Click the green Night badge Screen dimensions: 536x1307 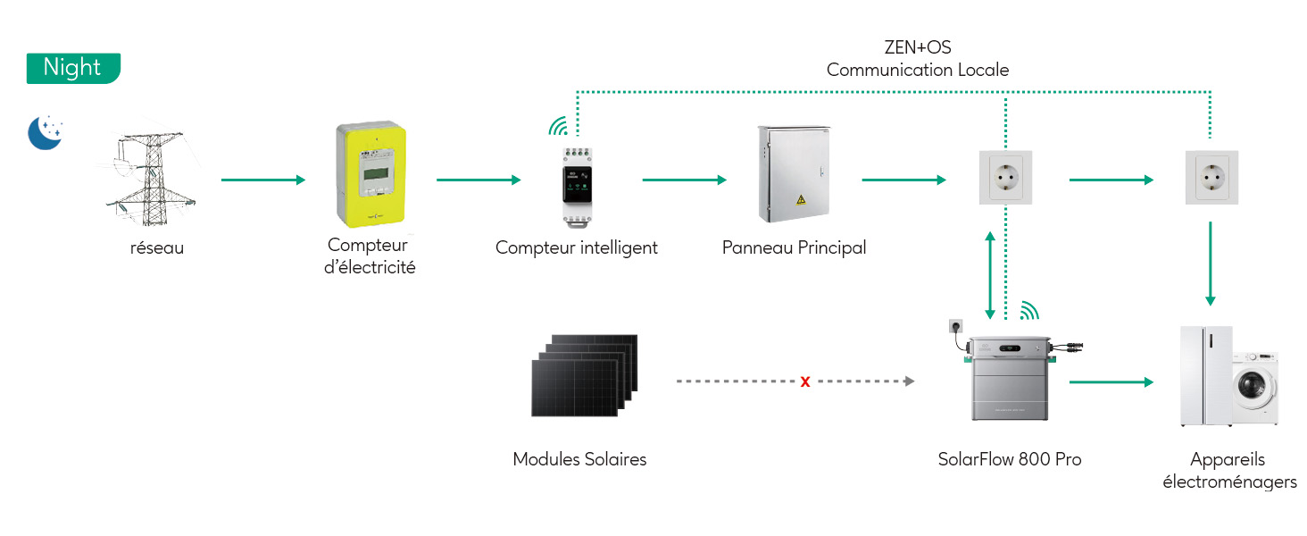[72, 69]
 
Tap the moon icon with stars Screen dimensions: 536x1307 [45, 132]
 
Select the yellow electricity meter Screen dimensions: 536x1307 [370, 176]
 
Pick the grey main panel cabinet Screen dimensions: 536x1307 [794, 173]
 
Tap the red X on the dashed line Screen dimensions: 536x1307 [805, 382]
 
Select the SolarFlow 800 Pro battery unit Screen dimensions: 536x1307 [1010, 379]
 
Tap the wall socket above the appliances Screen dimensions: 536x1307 [1210, 178]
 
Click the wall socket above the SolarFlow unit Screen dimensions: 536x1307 [1006, 178]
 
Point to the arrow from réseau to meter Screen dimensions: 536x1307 [263, 180]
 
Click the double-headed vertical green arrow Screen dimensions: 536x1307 [989, 275]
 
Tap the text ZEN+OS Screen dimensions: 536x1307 [917, 47]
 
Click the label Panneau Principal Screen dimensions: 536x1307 [794, 247]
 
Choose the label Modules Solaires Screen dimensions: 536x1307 [579, 459]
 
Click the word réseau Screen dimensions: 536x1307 [156, 248]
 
